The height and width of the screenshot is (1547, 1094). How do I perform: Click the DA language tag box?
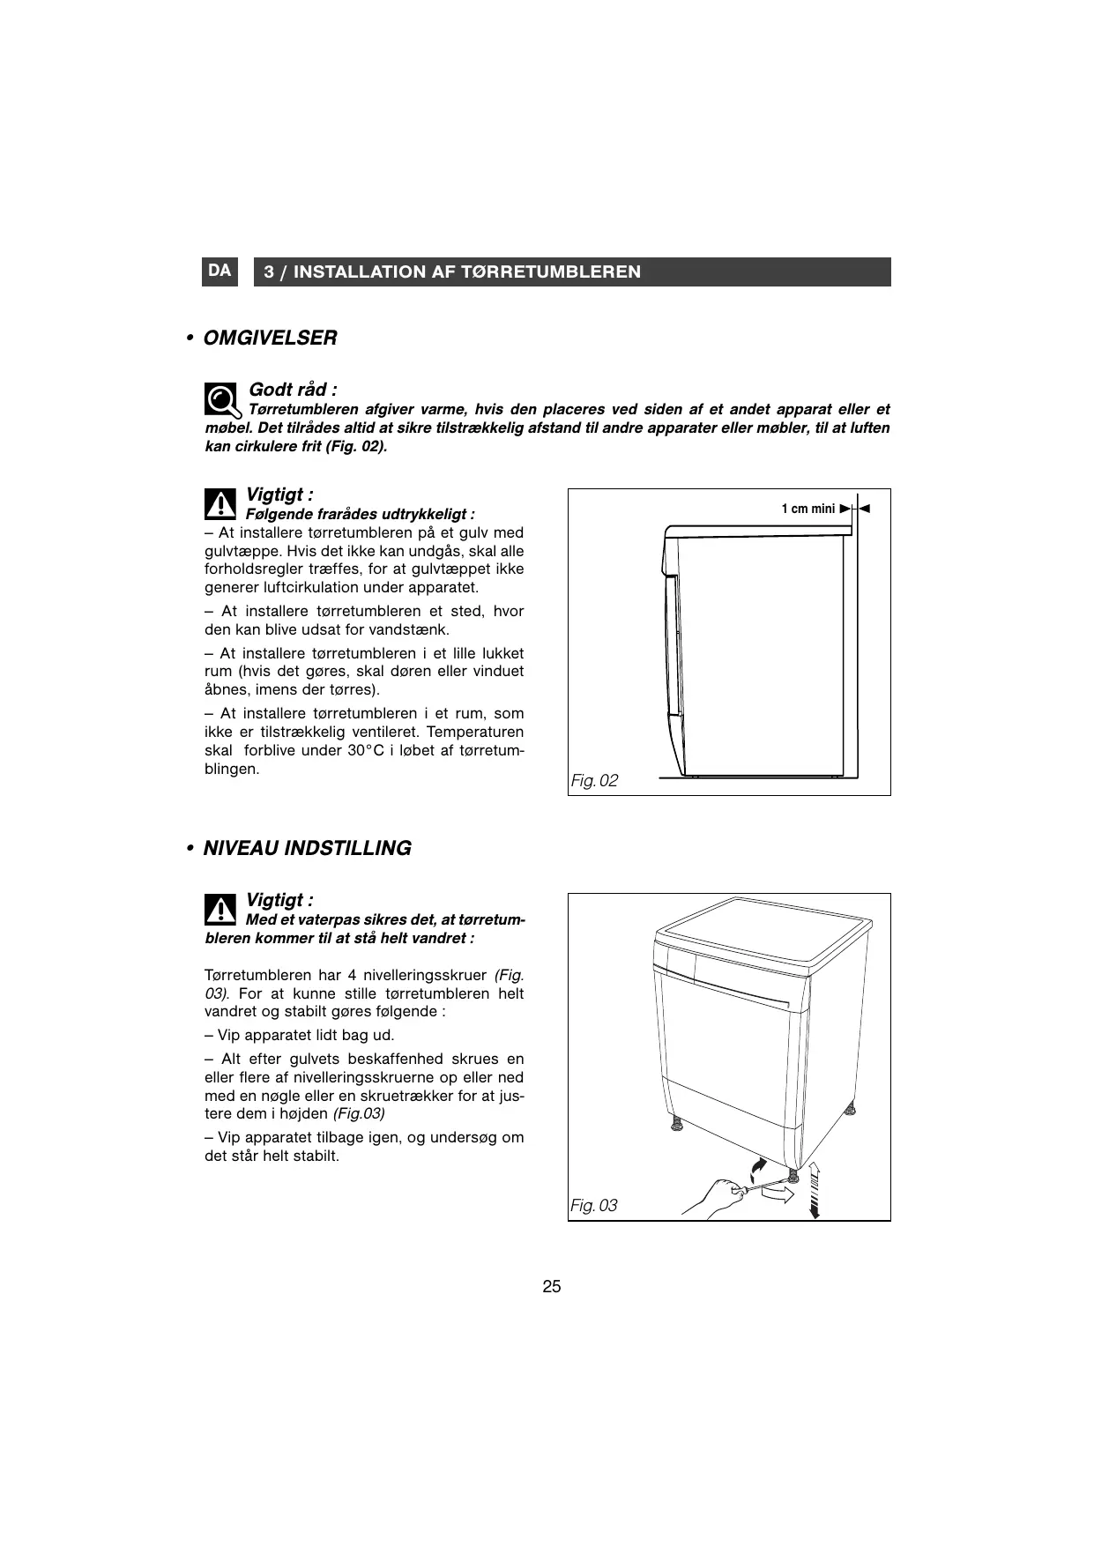[220, 271]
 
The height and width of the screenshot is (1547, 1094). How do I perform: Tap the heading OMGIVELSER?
[270, 338]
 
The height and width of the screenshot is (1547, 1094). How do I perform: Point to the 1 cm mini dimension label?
[807, 509]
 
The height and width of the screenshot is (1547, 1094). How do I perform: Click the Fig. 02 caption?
[594, 780]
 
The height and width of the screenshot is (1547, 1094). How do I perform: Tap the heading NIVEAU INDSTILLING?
[307, 848]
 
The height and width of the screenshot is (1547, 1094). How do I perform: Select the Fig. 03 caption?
[594, 1205]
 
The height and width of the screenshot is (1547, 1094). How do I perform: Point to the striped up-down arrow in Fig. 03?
[815, 1189]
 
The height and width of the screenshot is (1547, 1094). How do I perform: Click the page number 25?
[552, 1286]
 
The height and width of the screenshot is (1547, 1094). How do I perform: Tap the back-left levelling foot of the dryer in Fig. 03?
[676, 1124]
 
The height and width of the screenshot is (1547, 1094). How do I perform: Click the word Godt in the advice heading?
[267, 390]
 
